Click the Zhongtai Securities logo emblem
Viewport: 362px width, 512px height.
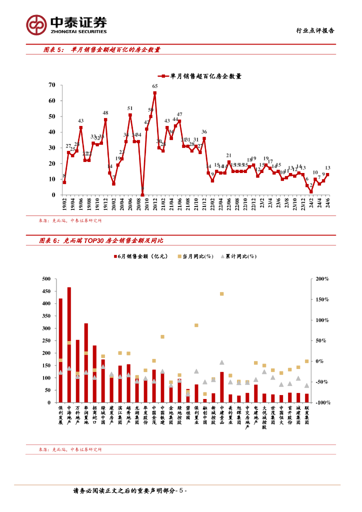pyautogui.click(x=36, y=23)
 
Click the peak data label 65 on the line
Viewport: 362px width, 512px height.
pyautogui.click(x=155, y=86)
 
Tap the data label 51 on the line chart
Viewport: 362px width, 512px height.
pyautogui.click(x=130, y=108)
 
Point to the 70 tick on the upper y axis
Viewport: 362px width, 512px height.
pyautogui.click(x=52, y=85)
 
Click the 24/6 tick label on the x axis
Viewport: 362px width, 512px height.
pyautogui.click(x=327, y=203)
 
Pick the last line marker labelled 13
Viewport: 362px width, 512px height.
pyautogui.click(x=327, y=174)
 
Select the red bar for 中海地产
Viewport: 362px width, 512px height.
pyautogui.click(x=69, y=344)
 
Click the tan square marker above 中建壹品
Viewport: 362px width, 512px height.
pyautogui.click(x=221, y=294)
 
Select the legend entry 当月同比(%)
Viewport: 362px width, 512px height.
pyautogui.click(x=194, y=256)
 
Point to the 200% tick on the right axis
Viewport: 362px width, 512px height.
pyautogui.click(x=322, y=278)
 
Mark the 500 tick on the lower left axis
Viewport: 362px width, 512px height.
pyautogui.click(x=46, y=278)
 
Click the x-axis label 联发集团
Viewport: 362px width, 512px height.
pyautogui.click(x=306, y=415)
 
